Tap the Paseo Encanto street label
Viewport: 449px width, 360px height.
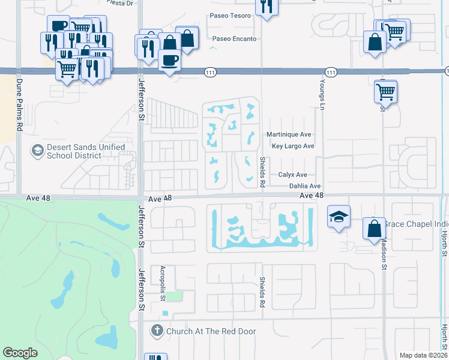click(235, 39)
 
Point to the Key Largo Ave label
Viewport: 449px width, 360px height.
click(293, 146)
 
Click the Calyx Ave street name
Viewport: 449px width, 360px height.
click(292, 175)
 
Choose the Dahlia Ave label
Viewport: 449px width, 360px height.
click(305, 187)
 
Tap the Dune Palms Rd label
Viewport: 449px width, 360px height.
click(19, 105)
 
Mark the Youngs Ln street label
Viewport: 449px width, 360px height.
click(322, 91)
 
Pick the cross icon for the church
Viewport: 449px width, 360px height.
click(157, 331)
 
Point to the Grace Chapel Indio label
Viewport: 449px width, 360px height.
click(414, 224)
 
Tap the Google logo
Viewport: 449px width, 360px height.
click(20, 352)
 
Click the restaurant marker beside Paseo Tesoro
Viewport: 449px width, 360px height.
click(265, 8)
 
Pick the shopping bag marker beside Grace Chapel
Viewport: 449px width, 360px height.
click(375, 228)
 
